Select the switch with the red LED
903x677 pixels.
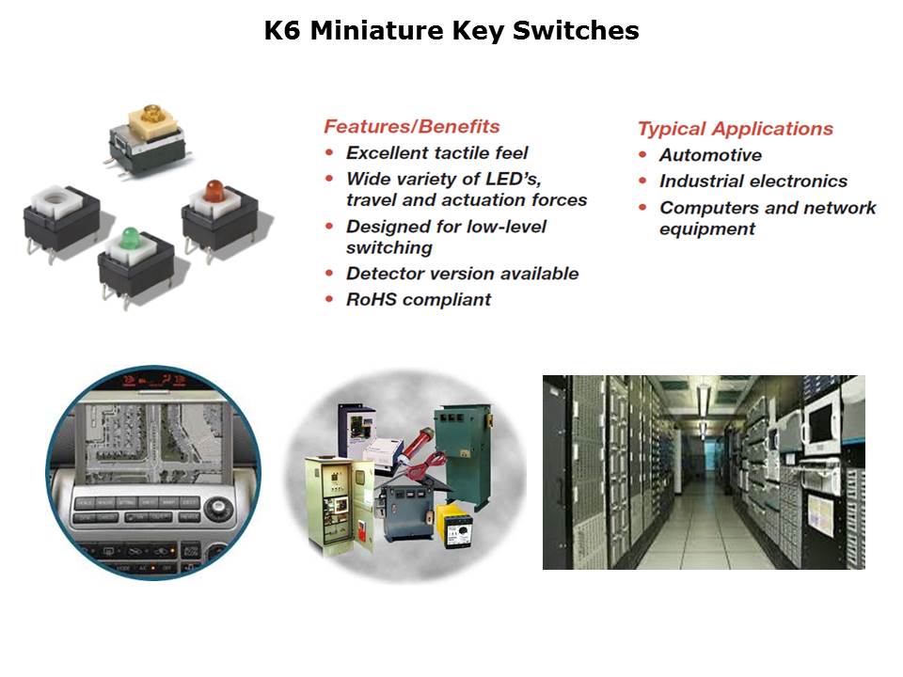coord(219,220)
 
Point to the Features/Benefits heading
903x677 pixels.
coord(412,126)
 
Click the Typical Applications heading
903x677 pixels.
coord(736,129)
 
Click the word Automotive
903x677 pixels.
coord(711,155)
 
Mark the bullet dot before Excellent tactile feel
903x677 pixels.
coord(329,152)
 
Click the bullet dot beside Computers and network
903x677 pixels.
coord(642,207)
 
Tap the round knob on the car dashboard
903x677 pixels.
coord(218,509)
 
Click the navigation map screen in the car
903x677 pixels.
coord(152,442)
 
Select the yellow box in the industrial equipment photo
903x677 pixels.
coord(455,525)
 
